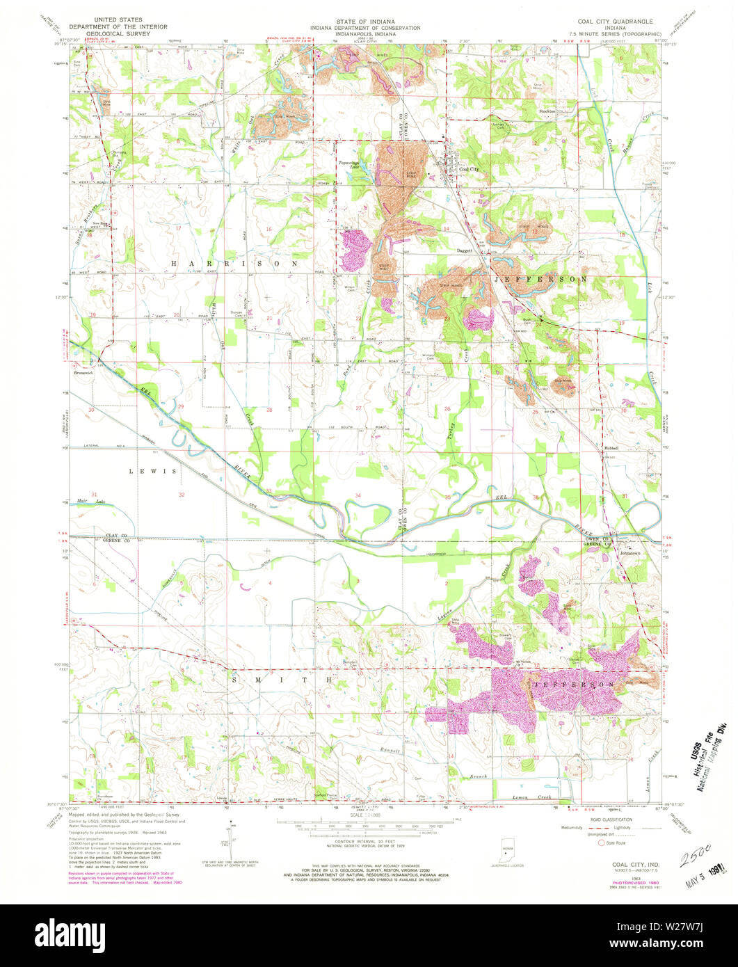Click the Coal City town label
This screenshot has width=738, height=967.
470,168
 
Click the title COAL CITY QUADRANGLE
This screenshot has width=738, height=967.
615,22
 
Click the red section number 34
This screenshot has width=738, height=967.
358,495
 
